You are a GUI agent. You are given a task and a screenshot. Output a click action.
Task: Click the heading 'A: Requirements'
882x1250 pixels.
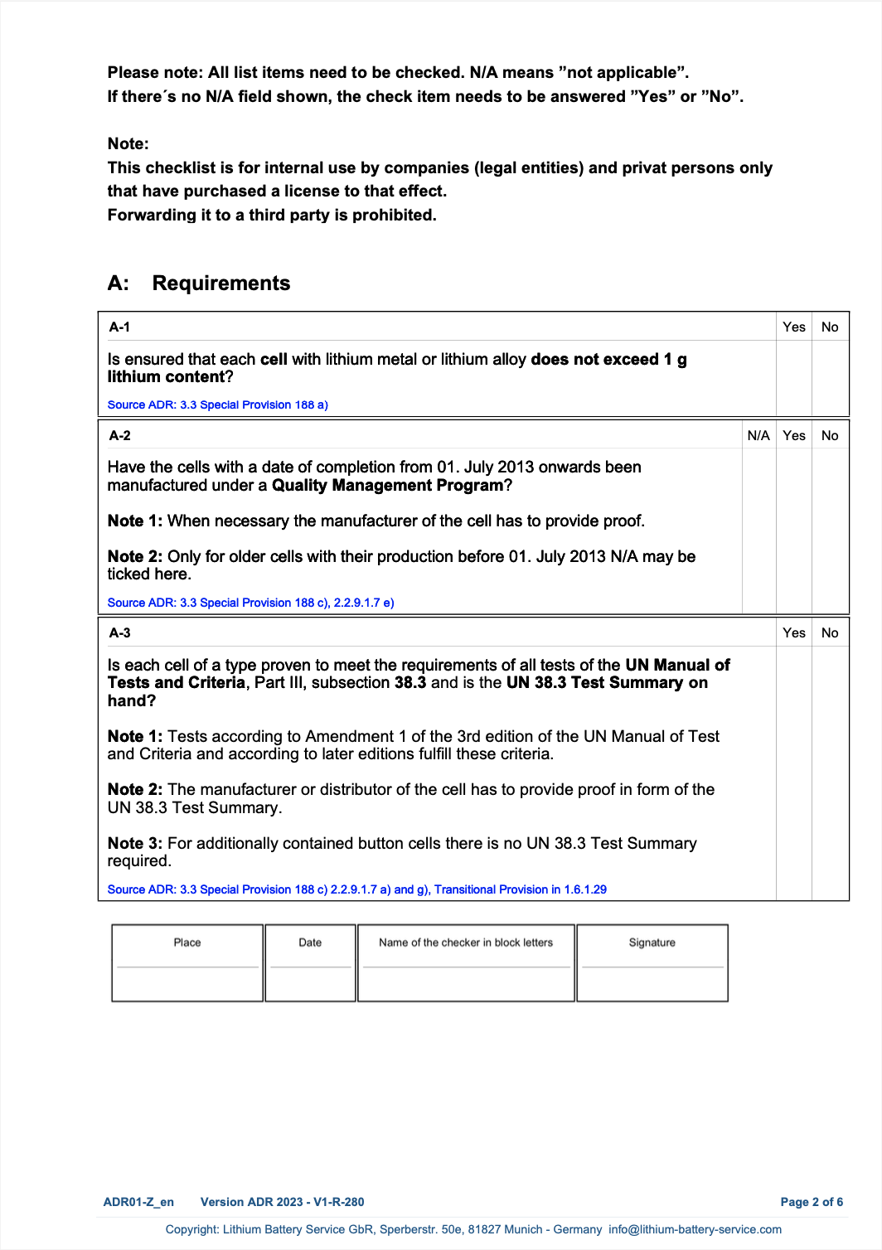click(199, 283)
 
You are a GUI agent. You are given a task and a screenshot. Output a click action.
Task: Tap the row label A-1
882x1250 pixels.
click(119, 327)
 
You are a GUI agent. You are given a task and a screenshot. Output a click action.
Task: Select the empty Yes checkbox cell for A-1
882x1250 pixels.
click(793, 377)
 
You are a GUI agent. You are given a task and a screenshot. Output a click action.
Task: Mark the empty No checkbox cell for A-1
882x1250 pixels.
click(830, 377)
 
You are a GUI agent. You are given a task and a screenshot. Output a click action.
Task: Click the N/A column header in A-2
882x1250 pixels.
click(758, 436)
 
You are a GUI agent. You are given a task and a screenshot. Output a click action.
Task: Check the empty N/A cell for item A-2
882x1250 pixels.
click(758, 531)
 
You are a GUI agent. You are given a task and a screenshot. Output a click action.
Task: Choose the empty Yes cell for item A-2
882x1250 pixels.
click(793, 531)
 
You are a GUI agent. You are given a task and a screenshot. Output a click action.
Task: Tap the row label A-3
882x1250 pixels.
click(119, 633)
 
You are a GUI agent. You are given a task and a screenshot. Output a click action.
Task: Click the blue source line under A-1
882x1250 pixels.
click(218, 405)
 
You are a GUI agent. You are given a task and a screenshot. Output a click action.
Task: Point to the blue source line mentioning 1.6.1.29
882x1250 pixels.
click(356, 889)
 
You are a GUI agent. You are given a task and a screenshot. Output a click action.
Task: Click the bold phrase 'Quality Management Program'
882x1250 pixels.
click(388, 486)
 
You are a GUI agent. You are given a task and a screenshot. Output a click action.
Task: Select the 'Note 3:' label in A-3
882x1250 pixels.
click(135, 844)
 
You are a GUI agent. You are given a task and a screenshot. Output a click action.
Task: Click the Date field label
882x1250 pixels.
click(310, 942)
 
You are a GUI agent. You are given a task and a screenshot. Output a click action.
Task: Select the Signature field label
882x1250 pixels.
click(652, 942)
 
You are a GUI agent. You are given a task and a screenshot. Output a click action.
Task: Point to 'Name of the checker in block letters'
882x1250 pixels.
click(466, 942)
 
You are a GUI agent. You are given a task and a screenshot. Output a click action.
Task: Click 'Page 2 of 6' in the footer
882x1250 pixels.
click(812, 1202)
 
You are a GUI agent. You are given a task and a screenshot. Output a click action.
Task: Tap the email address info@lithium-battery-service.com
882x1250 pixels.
click(695, 1229)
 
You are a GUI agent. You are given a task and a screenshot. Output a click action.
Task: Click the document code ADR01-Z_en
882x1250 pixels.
click(138, 1202)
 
